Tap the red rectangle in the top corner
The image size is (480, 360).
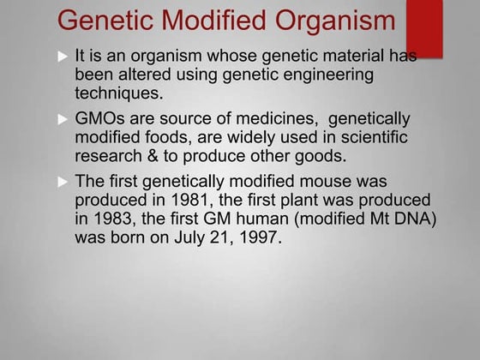[x=423, y=26]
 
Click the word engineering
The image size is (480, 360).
[x=327, y=75]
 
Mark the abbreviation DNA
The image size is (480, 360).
[x=415, y=219]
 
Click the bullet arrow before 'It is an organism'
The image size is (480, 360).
[x=61, y=57]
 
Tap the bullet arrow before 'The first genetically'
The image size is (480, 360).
[x=61, y=183]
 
